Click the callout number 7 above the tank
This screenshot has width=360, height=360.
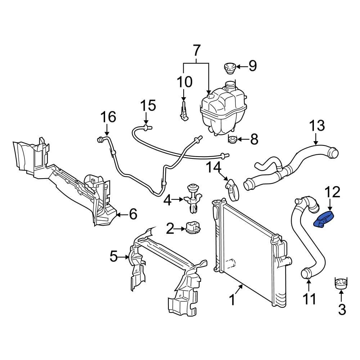(x=196, y=51)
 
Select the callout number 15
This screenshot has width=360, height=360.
(x=148, y=106)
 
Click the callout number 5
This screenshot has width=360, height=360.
(x=114, y=257)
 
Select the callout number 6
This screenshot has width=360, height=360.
(x=133, y=215)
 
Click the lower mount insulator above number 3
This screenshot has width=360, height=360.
(x=341, y=283)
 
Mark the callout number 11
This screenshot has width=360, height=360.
(x=309, y=299)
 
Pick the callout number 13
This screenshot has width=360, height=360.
(x=317, y=126)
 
